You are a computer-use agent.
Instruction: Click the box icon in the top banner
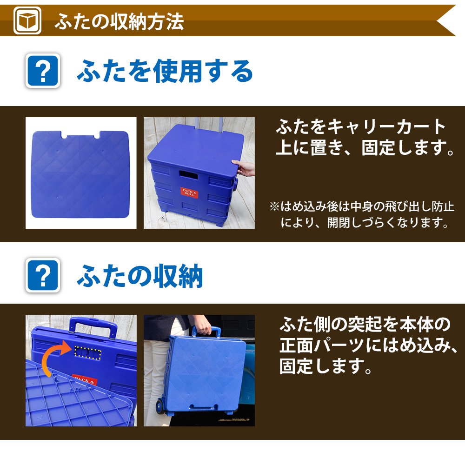point(27,20)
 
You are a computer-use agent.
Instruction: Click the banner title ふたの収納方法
point(119,22)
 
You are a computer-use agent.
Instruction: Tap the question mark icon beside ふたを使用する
point(43,71)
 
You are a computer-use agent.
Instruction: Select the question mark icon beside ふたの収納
point(43,275)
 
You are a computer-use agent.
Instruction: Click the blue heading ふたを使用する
point(165,71)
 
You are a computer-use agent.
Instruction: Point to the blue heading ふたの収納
point(140,276)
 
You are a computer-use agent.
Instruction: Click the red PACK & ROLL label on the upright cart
point(189,193)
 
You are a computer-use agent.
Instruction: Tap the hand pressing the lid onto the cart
point(243,168)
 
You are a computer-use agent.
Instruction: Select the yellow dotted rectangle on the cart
point(87,352)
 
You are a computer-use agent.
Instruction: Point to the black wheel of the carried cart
point(160,406)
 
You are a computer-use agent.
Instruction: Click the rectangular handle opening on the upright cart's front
point(188,175)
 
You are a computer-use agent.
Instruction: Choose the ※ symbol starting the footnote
point(274,206)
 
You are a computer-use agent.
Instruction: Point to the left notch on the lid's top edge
point(64,135)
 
